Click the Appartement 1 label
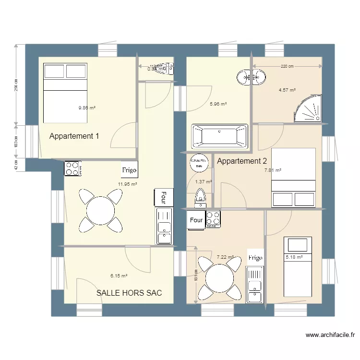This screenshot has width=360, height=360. (74, 136)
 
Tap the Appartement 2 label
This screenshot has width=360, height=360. (241, 161)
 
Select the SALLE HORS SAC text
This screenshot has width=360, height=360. (129, 292)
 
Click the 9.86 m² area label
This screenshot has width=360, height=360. (87, 108)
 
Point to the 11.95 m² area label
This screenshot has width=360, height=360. (128, 184)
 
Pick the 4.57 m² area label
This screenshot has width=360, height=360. (287, 90)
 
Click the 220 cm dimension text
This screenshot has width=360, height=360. (287, 66)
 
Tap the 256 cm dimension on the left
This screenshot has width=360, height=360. (16, 85)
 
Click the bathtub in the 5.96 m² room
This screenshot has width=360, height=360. (219, 136)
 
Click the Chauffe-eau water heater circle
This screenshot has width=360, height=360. (198, 162)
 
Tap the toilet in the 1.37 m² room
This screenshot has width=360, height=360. (200, 198)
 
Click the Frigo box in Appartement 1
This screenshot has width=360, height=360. (129, 170)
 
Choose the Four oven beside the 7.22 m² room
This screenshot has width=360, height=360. (196, 220)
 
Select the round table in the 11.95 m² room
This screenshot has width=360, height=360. (100, 209)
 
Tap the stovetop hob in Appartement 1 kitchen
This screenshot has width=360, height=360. (72, 168)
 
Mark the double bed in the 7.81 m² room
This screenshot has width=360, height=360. (293, 178)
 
